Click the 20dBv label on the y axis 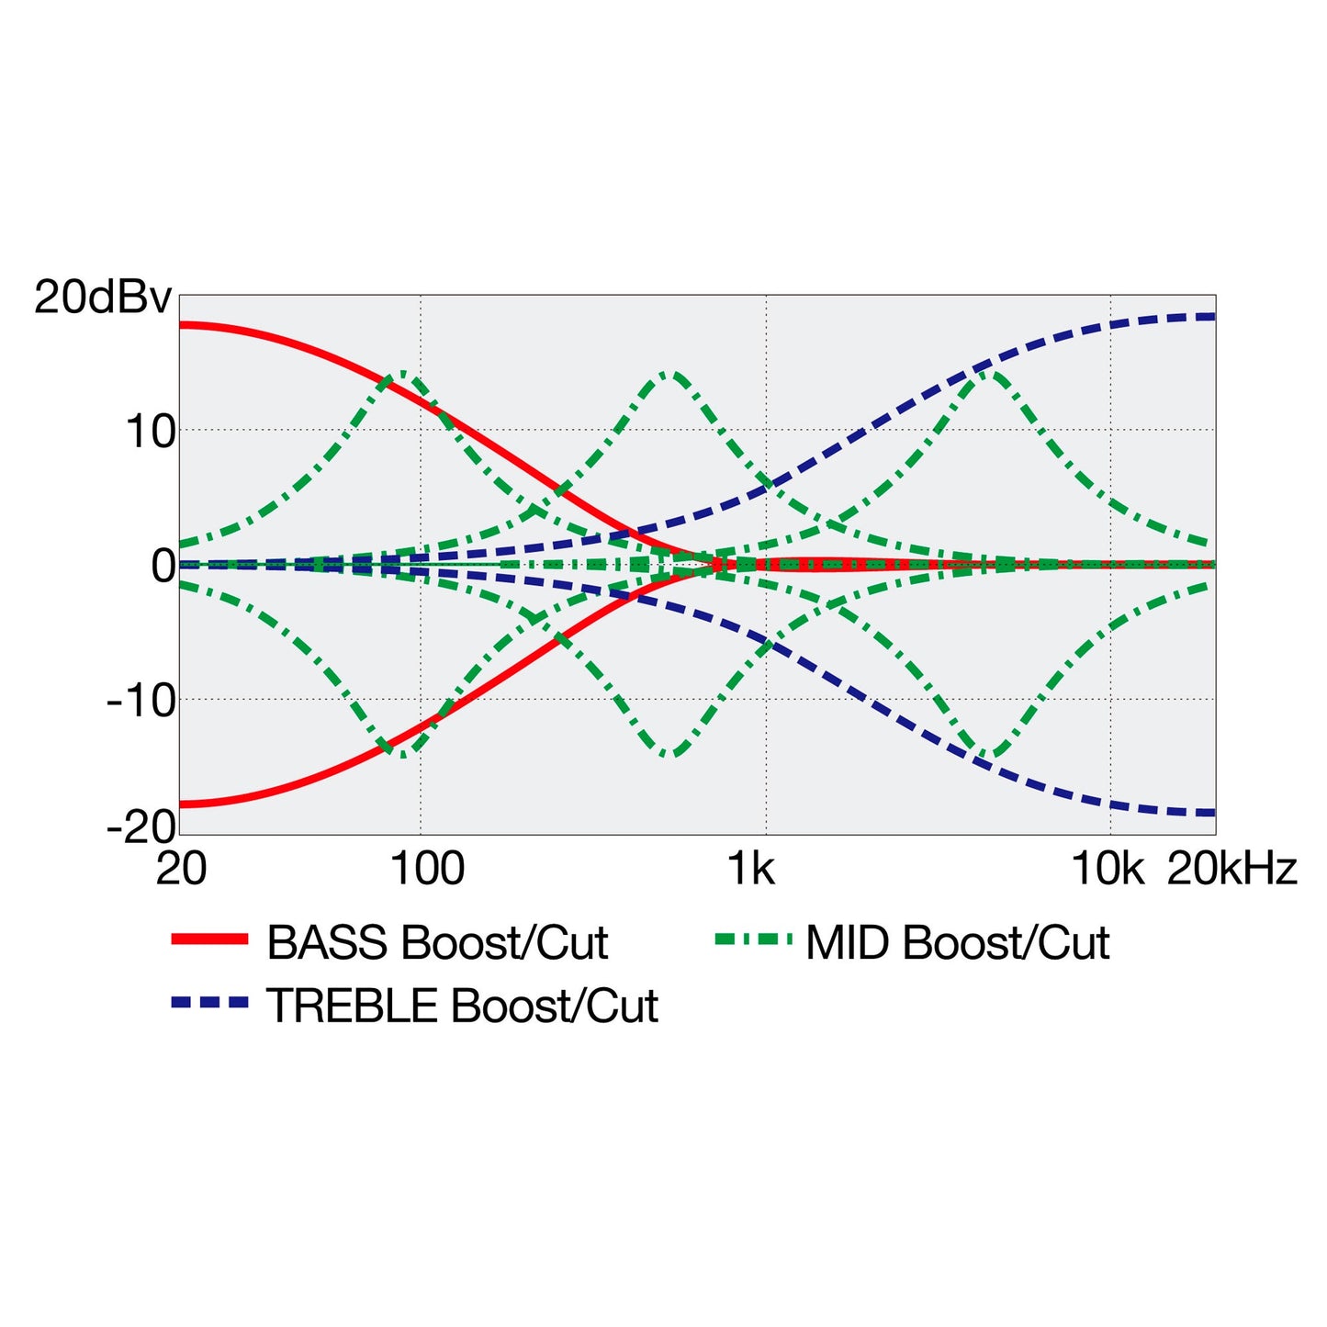(102, 298)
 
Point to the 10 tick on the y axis (150, 433)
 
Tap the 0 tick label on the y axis (163, 567)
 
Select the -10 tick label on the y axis (141, 702)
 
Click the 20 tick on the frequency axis (181, 869)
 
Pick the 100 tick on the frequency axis (427, 869)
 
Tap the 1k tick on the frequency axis (751, 869)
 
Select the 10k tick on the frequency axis (1108, 869)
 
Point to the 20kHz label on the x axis (1232, 869)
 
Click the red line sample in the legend (209, 939)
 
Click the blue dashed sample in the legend (209, 1004)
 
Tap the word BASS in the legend (328, 943)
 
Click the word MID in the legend (847, 943)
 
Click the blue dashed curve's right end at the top (1215, 317)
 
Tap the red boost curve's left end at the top (181, 325)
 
